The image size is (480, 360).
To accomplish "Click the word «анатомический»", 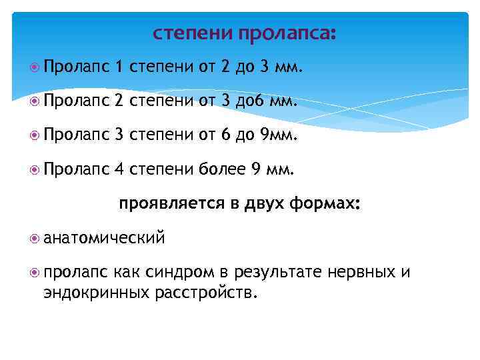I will point(104,237).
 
